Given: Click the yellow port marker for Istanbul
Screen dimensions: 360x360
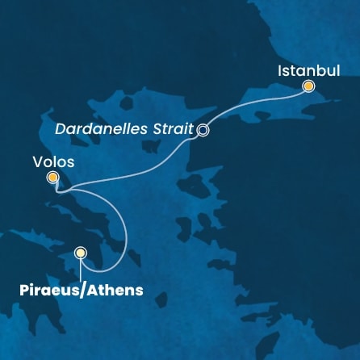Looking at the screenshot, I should click(x=308, y=86).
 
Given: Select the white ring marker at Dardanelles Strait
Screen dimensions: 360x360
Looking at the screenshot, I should click(x=203, y=129).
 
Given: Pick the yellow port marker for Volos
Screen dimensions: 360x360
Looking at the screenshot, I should click(x=52, y=177).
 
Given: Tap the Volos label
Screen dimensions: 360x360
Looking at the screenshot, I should click(x=53, y=161).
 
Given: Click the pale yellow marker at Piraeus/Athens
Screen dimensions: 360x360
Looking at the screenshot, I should click(x=80, y=253).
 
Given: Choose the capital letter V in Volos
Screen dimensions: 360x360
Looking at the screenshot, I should click(x=37, y=161).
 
